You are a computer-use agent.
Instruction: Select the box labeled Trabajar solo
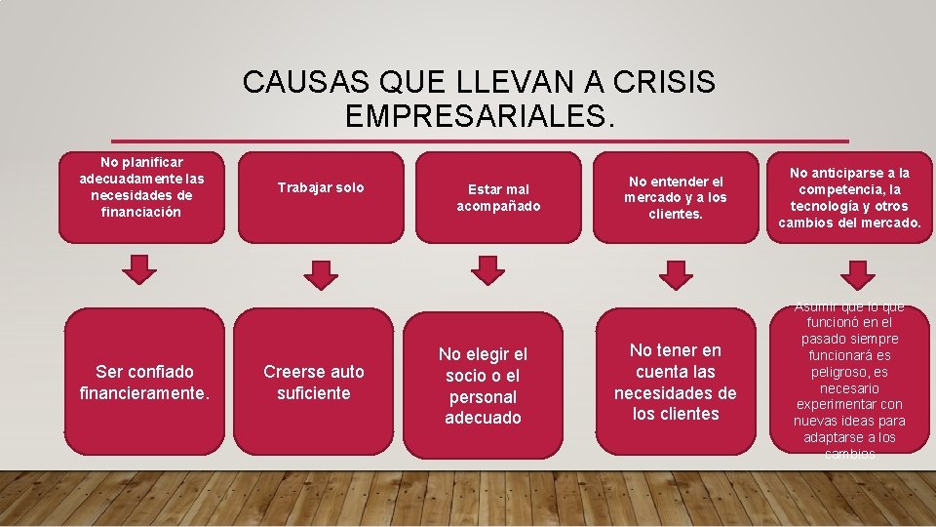(x=320, y=195)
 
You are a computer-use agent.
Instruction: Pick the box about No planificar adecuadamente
(x=141, y=196)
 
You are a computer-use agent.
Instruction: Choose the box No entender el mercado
(x=678, y=196)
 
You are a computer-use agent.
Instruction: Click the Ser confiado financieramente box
(x=144, y=382)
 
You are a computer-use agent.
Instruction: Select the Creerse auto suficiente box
(x=314, y=382)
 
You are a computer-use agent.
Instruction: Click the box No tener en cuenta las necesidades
(x=676, y=382)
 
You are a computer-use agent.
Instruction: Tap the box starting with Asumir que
(x=850, y=382)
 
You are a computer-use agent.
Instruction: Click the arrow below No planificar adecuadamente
(x=142, y=269)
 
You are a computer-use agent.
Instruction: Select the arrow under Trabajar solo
(x=321, y=274)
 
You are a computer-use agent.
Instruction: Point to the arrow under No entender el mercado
(x=675, y=274)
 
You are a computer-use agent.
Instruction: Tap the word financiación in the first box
(x=141, y=212)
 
